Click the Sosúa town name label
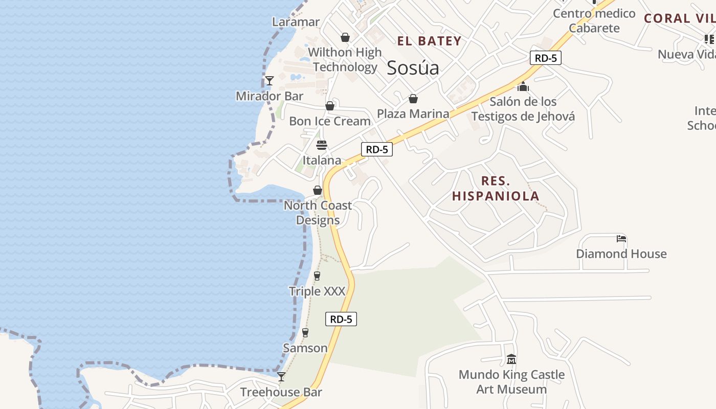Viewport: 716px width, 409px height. click(x=413, y=67)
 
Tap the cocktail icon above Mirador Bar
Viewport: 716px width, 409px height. click(x=270, y=80)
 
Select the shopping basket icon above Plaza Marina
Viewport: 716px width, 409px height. click(x=413, y=99)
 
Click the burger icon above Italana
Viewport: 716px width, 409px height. click(x=322, y=145)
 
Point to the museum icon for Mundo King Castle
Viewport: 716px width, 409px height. click(x=511, y=359)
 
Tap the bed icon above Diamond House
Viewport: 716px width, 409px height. click(x=621, y=239)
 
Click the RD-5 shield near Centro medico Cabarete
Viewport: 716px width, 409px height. click(x=545, y=58)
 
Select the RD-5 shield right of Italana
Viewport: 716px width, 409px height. click(x=377, y=149)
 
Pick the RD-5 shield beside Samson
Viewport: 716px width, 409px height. click(x=341, y=319)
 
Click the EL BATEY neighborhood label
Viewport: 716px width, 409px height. click(x=429, y=41)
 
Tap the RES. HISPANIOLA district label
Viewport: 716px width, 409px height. click(x=496, y=188)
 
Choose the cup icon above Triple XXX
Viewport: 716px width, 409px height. click(x=317, y=276)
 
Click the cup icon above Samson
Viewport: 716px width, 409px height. click(x=305, y=333)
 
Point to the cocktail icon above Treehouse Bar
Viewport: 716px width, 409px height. click(x=281, y=377)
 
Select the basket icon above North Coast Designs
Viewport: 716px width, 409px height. click(x=318, y=190)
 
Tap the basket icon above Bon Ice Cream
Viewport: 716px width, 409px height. click(x=330, y=106)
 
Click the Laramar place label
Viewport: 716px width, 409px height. click(x=296, y=22)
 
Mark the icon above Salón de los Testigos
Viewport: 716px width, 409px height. click(x=523, y=86)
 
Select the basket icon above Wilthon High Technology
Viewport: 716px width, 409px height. click(x=345, y=37)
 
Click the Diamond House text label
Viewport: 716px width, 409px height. click(x=621, y=254)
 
